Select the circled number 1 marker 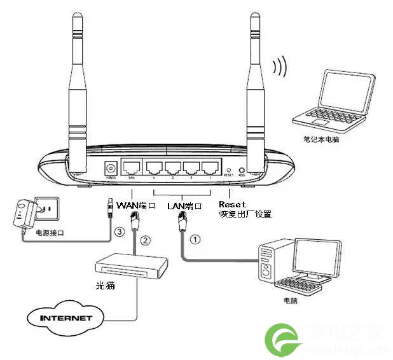tap(196, 240)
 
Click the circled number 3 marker tap(119, 233)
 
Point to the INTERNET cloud tap(66, 317)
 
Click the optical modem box tap(130, 266)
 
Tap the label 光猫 tap(104, 286)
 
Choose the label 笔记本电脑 tap(321, 138)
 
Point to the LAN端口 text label tap(184, 206)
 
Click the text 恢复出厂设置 tap(245, 215)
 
